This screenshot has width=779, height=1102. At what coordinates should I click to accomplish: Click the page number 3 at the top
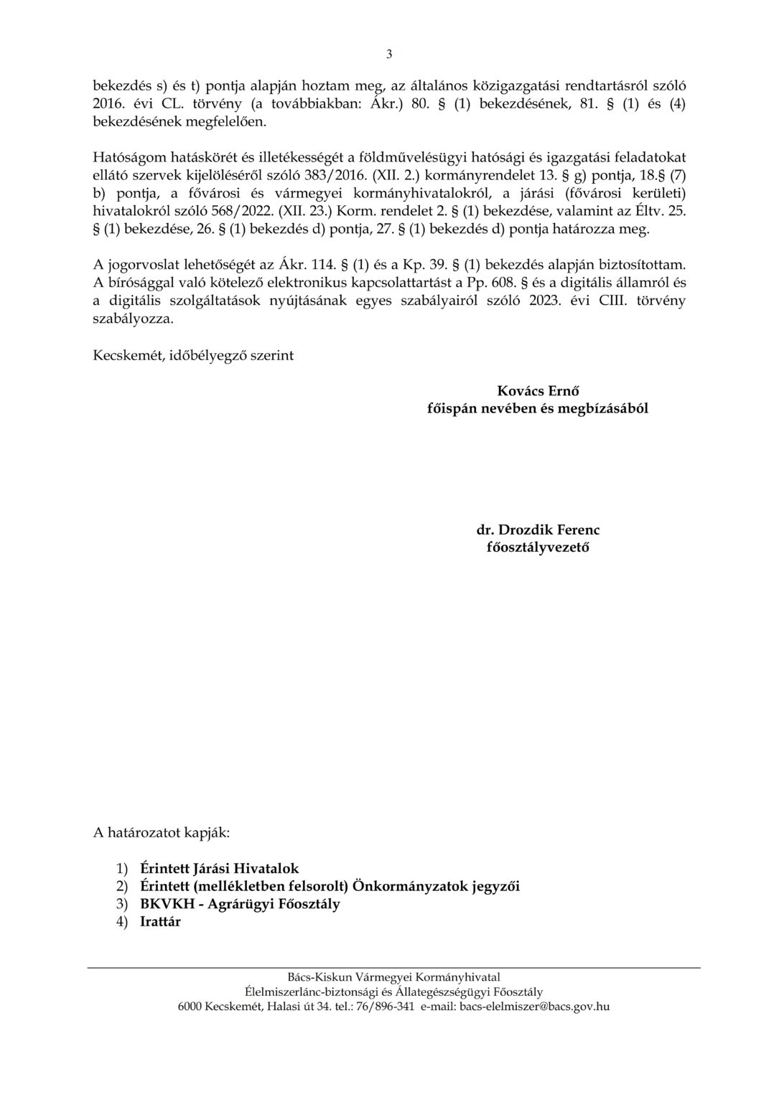[389, 54]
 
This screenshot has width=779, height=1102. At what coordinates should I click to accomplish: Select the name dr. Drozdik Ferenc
[538, 530]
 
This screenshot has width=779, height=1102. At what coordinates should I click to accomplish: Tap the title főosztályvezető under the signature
[538, 547]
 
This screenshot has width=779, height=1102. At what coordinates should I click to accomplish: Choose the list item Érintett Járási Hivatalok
[220, 868]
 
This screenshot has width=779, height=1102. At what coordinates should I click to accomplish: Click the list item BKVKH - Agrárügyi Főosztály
[240, 904]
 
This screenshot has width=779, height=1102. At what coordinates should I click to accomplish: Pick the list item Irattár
[160, 922]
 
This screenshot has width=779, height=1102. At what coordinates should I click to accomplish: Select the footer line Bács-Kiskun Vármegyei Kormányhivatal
[393, 977]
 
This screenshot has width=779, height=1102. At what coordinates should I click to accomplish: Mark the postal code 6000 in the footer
[190, 1007]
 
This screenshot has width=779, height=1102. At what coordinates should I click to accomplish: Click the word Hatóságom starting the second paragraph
[128, 158]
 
